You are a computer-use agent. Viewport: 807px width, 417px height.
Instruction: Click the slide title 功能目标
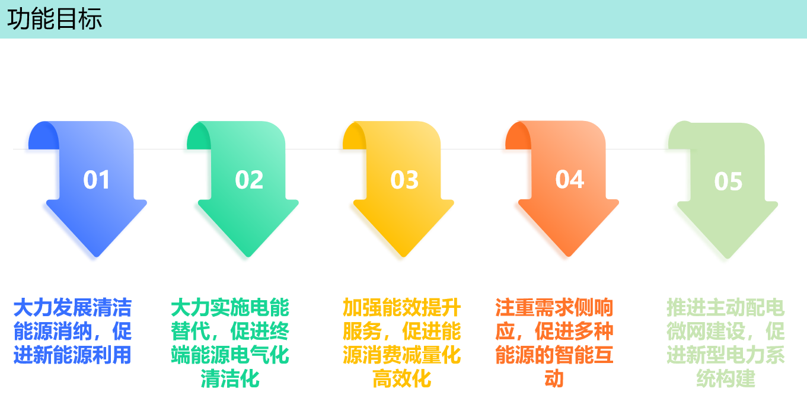point(55,19)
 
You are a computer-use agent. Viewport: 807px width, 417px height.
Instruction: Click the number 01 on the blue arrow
point(97,180)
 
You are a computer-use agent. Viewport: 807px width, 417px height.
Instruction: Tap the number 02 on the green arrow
point(249,180)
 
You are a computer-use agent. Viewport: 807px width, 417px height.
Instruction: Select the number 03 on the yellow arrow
point(404,180)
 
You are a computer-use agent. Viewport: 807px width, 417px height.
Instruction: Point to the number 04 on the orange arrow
point(569,179)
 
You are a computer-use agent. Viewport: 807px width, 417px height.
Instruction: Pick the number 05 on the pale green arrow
point(728,182)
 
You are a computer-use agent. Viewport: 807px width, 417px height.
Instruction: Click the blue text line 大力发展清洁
point(72,308)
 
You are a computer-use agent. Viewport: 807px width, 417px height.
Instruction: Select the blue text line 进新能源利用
point(72,355)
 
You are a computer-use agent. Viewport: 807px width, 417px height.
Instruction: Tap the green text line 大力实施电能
point(230,308)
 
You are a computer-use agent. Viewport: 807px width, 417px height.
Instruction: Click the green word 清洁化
point(230,378)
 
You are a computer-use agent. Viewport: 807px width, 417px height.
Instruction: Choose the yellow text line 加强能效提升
point(401,308)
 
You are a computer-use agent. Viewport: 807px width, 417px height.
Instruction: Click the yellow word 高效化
point(401,378)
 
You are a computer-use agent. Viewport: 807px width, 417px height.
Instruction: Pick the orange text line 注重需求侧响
point(554,308)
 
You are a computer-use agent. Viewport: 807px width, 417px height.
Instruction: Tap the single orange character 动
point(554,378)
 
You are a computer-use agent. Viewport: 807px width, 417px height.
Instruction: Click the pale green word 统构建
point(726,378)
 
